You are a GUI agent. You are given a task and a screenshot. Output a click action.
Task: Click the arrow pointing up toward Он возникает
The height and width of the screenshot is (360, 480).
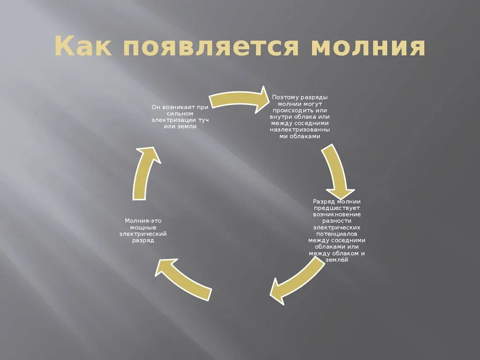click(145, 173)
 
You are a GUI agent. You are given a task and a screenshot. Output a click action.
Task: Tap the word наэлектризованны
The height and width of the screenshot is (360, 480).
click(300, 130)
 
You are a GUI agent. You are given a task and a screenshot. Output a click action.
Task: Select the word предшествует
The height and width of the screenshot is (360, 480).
click(337, 208)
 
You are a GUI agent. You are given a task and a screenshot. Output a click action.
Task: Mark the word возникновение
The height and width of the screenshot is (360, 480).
click(337, 214)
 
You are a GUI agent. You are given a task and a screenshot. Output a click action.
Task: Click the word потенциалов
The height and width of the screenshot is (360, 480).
click(337, 233)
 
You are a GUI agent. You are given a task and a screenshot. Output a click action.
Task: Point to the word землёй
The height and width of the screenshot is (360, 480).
click(337, 260)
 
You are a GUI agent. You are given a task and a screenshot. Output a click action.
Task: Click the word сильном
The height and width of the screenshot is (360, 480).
click(180, 114)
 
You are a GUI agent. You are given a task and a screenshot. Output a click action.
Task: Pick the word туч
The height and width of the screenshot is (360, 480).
click(203, 120)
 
